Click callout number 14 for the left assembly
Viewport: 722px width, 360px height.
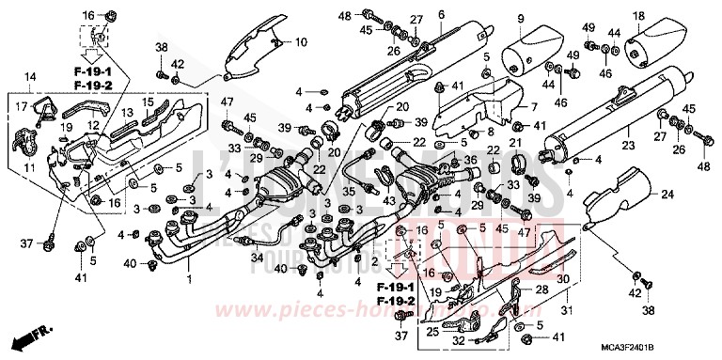click(30, 76)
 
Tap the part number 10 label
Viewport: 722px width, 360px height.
click(301, 42)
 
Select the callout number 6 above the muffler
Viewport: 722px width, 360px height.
click(441, 14)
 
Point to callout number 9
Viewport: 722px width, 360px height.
click(518, 18)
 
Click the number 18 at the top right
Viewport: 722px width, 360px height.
click(637, 15)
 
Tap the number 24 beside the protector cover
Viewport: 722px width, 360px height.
click(667, 194)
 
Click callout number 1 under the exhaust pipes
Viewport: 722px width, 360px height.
click(188, 279)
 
